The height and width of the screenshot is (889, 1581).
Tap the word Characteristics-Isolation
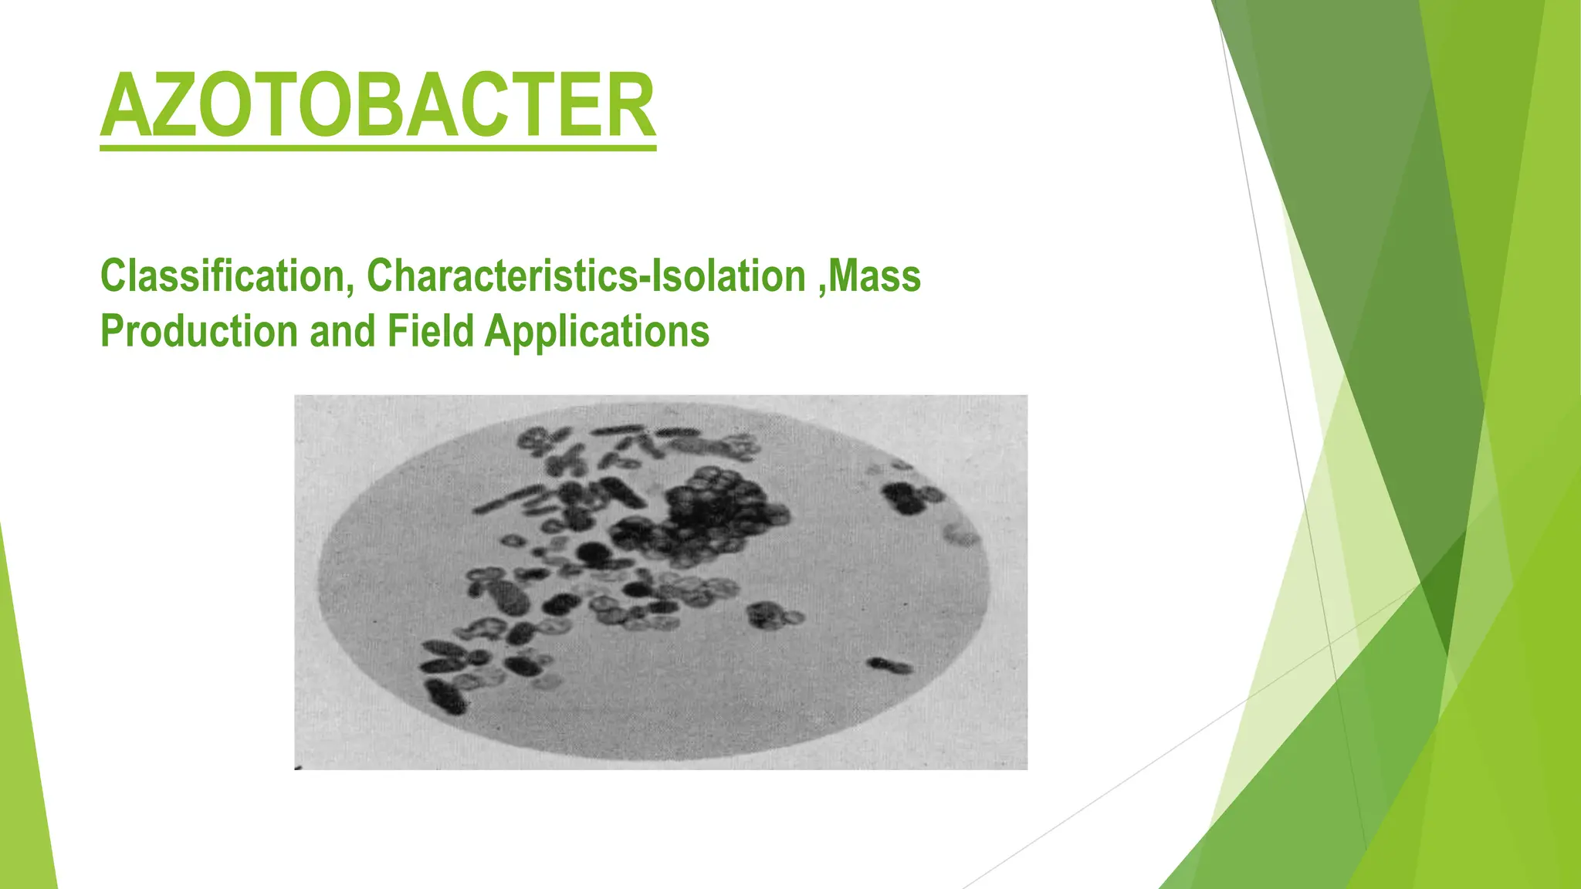pyautogui.click(x=587, y=276)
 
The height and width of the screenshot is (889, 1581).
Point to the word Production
pyautogui.click(x=199, y=332)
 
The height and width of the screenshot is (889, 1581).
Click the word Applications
pyautogui.click(x=597, y=332)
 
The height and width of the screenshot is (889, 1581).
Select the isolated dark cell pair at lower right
pyautogui.click(x=889, y=665)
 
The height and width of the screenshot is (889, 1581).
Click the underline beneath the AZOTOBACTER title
pyautogui.click(x=378, y=146)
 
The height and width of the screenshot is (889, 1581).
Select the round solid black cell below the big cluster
pyautogui.click(x=592, y=552)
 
